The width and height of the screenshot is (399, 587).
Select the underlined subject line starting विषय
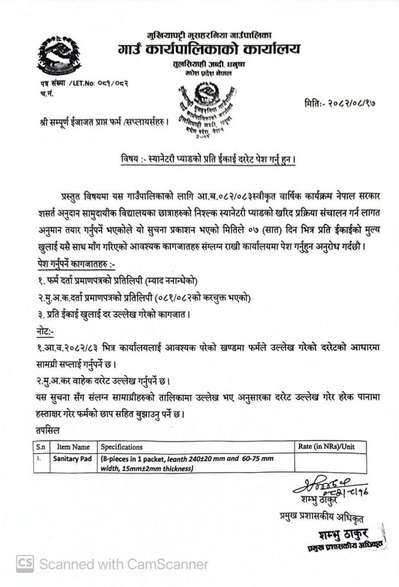pos(208,158)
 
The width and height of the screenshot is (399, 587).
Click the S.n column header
pos(41,446)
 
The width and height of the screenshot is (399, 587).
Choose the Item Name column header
pos(73,446)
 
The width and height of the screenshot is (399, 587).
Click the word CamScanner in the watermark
pos(168,564)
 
